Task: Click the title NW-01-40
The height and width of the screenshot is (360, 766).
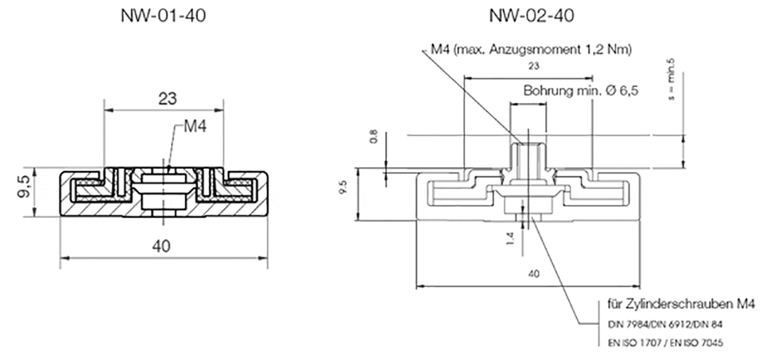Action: coord(164,16)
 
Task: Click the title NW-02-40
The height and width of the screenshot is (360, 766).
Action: coord(531,16)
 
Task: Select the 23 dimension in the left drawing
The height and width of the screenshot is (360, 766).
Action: coord(164,99)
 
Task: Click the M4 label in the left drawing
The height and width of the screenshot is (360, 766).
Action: coord(194,127)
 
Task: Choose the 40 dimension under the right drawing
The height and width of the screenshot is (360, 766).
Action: coord(533,274)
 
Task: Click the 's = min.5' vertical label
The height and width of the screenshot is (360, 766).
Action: coord(670,79)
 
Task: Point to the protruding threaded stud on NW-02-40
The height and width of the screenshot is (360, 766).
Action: coord(527,157)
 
